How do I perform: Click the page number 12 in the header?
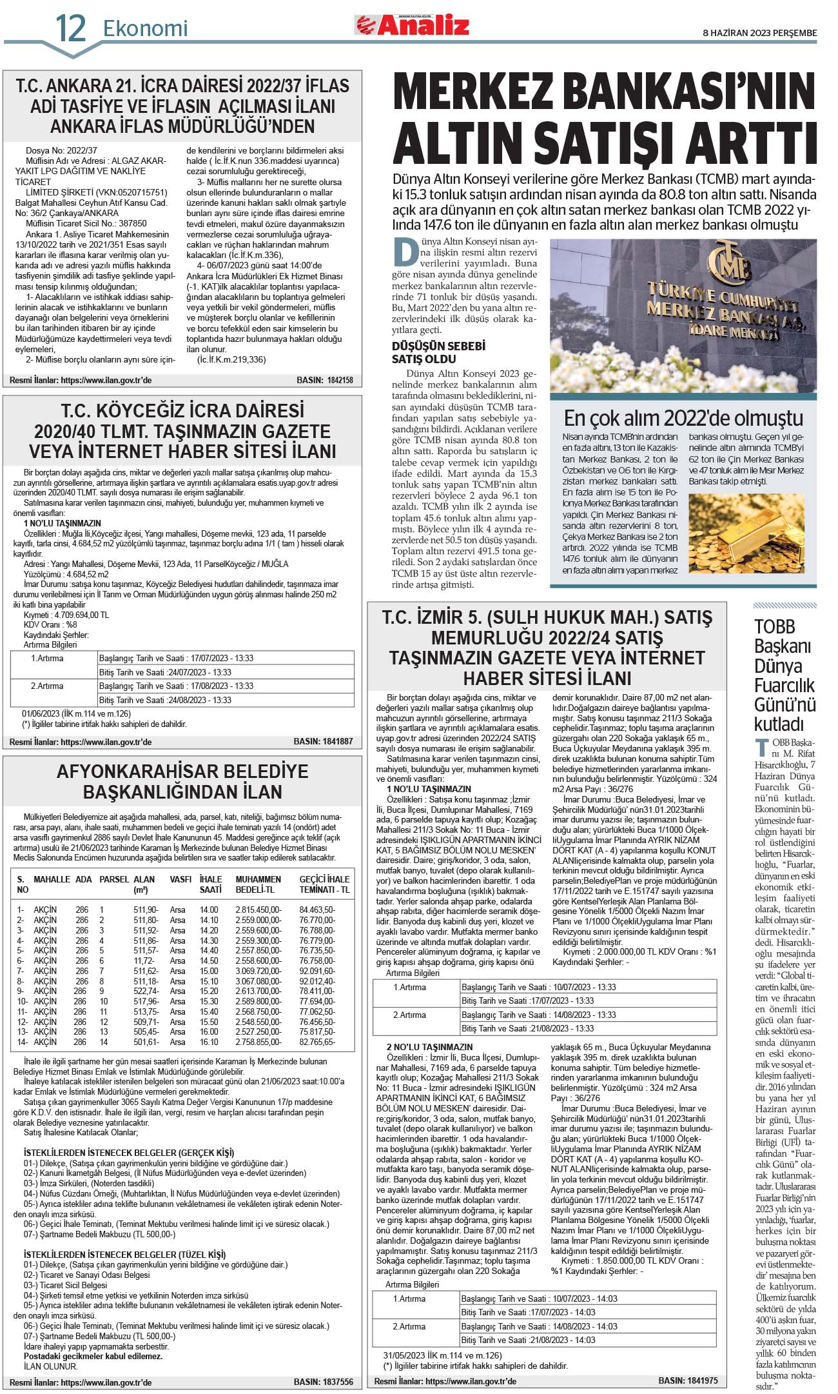tap(70, 28)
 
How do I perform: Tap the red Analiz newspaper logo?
tap(412, 26)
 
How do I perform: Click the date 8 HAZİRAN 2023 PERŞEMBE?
tap(759, 33)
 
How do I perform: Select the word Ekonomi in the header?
tap(145, 28)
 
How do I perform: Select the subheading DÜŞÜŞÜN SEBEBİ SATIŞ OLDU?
tap(429, 352)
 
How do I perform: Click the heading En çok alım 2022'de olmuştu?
tap(683, 418)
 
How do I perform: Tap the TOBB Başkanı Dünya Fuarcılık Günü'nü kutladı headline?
tap(784, 675)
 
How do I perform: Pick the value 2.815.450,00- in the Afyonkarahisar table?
tap(258, 910)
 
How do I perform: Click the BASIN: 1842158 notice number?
tap(324, 381)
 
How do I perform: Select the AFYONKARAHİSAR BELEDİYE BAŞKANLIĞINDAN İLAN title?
tap(182, 781)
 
